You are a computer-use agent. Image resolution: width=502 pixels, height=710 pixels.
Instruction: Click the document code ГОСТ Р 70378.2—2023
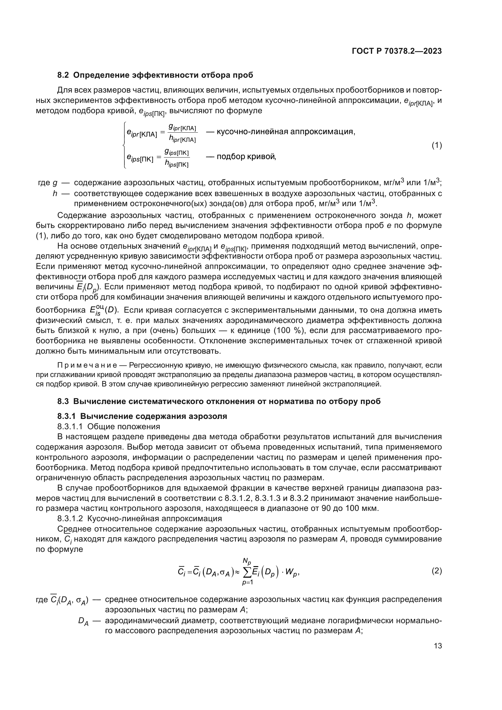pyautogui.click(x=397, y=51)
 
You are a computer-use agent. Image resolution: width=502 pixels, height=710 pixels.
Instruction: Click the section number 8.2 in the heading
pyautogui.click(x=64, y=75)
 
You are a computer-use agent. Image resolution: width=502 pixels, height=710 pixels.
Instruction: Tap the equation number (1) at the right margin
pyautogui.click(x=436, y=145)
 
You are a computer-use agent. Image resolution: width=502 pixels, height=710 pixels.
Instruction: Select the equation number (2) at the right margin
pyautogui.click(x=436, y=571)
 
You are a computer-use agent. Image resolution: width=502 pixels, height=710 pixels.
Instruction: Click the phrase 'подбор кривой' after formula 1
pyautogui.click(x=246, y=156)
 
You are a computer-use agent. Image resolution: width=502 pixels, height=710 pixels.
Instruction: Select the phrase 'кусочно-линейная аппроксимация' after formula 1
pyautogui.click(x=285, y=132)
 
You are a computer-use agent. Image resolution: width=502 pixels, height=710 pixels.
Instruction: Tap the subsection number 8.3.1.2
pyautogui.click(x=70, y=518)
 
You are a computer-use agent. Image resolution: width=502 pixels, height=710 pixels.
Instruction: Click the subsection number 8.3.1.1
pyautogui.click(x=70, y=427)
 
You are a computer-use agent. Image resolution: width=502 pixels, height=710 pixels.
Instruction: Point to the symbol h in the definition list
pyautogui.click(x=55, y=194)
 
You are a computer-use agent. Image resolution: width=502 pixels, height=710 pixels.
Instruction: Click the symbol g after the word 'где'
pyautogui.click(x=55, y=183)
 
